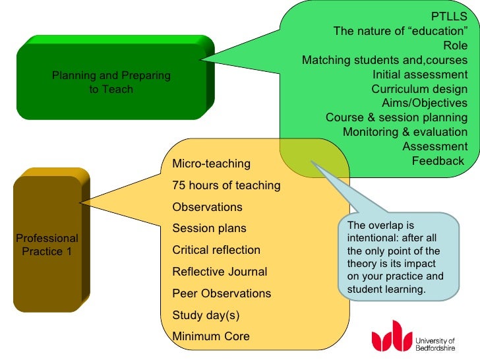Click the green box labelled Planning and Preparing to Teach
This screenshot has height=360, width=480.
pos(111,82)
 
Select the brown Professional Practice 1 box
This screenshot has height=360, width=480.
pos(47,245)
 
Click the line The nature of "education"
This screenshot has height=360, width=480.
pos(400,30)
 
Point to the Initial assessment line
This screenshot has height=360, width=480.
pos(420,74)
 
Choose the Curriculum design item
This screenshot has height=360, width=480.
pos(419,88)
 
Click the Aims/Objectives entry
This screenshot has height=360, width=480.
pos(425,103)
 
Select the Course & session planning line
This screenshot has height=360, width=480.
pos(396,117)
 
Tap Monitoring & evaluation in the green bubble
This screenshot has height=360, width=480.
pos(405,132)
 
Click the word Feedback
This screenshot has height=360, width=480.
pos(438,161)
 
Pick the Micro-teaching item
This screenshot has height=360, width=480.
pos(211,164)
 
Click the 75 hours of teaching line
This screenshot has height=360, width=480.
pos(226,185)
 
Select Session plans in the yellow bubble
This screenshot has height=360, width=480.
pos(209,228)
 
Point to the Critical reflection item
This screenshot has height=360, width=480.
pos(216,250)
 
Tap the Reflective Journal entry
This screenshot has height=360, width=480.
pos(220,272)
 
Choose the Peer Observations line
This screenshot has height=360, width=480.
pos(222,293)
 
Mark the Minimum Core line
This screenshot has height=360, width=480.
pos(211,336)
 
